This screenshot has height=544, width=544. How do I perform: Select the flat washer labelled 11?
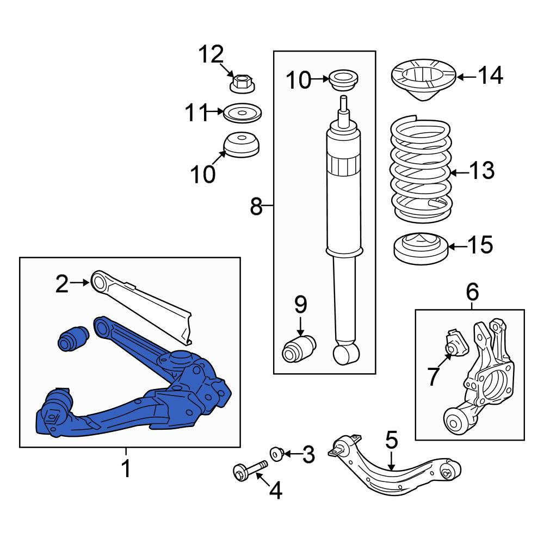click(x=242, y=113)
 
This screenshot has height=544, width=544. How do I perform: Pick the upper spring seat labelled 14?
click(x=424, y=79)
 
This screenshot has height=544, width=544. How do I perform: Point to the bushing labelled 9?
click(x=299, y=349)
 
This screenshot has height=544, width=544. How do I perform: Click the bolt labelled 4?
click(x=250, y=470)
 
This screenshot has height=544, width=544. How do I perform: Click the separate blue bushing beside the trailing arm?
click(x=73, y=338)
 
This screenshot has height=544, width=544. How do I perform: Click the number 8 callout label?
click(x=256, y=206)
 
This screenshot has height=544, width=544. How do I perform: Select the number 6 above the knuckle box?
click(x=472, y=292)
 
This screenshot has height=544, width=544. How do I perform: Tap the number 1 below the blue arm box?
click(x=126, y=468)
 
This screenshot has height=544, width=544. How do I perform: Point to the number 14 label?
click(x=491, y=75)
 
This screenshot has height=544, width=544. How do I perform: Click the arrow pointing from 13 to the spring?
click(x=459, y=172)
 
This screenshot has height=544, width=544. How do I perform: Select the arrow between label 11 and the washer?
click(x=214, y=112)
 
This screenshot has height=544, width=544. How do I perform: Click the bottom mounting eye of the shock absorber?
click(x=346, y=354)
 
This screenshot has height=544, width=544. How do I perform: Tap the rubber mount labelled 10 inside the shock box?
click(x=343, y=80)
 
